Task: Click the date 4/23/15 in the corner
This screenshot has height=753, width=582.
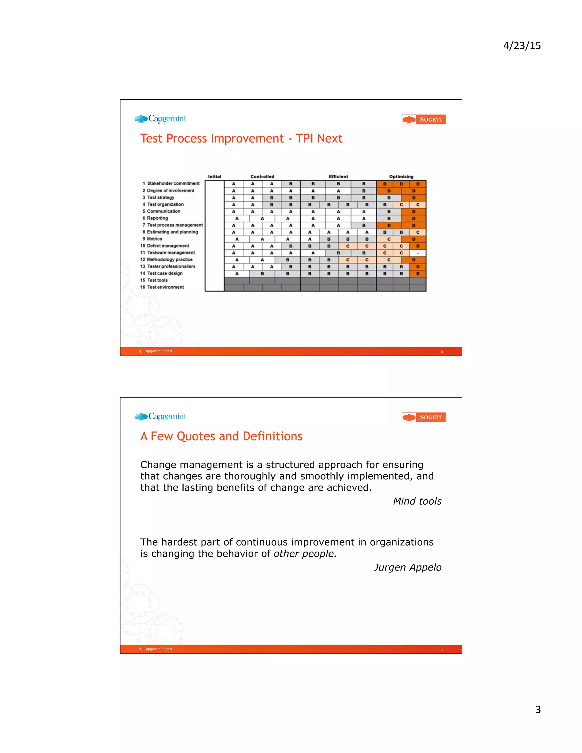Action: click(x=522, y=45)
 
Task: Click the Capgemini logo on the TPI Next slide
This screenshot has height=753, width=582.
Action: click(x=160, y=119)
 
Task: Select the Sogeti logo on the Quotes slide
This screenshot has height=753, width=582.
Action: click(x=423, y=417)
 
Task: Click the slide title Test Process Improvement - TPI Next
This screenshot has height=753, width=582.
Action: click(x=241, y=139)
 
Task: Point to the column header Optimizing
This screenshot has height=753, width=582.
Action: click(x=401, y=176)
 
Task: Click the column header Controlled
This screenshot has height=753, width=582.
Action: click(x=262, y=176)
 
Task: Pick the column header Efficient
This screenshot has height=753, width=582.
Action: click(x=338, y=176)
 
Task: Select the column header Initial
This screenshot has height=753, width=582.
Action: click(x=215, y=176)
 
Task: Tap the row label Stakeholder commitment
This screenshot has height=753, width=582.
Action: click(x=173, y=184)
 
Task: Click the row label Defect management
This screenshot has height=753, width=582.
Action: click(x=168, y=246)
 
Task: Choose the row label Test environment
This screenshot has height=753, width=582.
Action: click(x=165, y=287)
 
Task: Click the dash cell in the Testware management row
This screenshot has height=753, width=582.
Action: click(x=417, y=253)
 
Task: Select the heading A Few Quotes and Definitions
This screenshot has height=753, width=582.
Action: click(x=221, y=436)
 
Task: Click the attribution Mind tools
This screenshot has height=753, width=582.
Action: click(x=417, y=501)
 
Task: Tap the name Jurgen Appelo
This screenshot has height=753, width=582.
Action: click(x=407, y=567)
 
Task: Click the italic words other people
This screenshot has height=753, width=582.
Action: click(x=305, y=554)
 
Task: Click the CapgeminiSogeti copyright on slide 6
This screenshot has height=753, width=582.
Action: click(x=155, y=649)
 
